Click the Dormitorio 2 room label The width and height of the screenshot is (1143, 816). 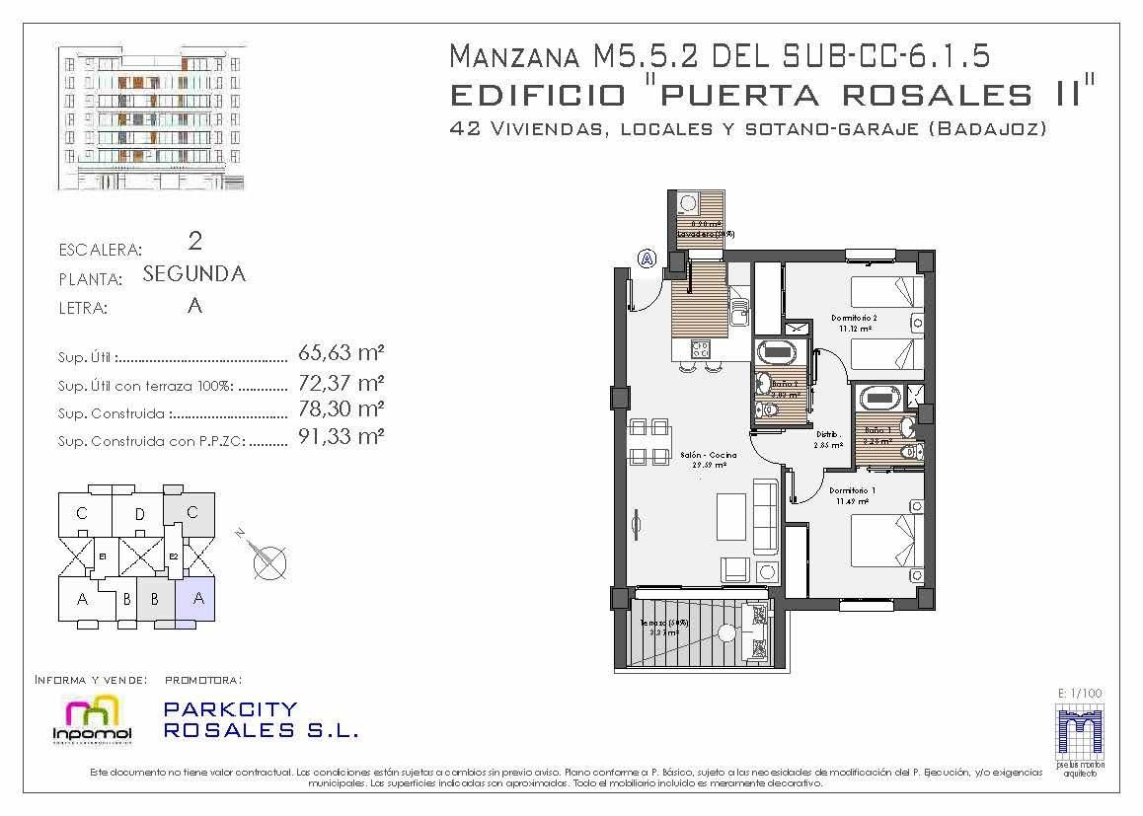pyautogui.click(x=854, y=318)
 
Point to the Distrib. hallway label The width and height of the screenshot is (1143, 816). pyautogui.click(x=827, y=434)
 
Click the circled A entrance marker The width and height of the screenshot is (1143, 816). pyautogui.click(x=648, y=259)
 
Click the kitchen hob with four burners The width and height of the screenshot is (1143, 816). pyautogui.click(x=701, y=348)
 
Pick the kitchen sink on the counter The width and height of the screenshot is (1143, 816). pyautogui.click(x=737, y=316)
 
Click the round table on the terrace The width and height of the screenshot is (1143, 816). pyautogui.click(x=727, y=632)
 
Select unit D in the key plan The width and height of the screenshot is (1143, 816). pyautogui.click(x=139, y=513)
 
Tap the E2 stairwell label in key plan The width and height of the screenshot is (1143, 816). pyautogui.click(x=173, y=556)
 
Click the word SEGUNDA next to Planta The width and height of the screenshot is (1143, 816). pyautogui.click(x=194, y=274)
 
